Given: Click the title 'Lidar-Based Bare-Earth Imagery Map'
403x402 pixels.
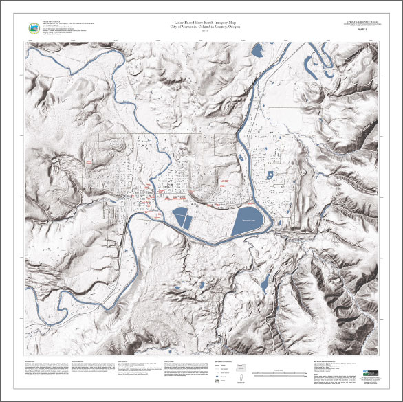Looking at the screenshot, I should point(201,24).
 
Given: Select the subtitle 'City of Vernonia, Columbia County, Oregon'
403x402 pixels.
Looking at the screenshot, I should point(201,30).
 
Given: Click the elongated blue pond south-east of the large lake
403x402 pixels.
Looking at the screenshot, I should point(264,280).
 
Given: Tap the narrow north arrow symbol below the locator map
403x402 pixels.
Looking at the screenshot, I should point(241,378).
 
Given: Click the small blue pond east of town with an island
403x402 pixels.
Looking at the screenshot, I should point(270,175).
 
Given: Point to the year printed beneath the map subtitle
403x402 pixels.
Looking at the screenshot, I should point(201,34).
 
